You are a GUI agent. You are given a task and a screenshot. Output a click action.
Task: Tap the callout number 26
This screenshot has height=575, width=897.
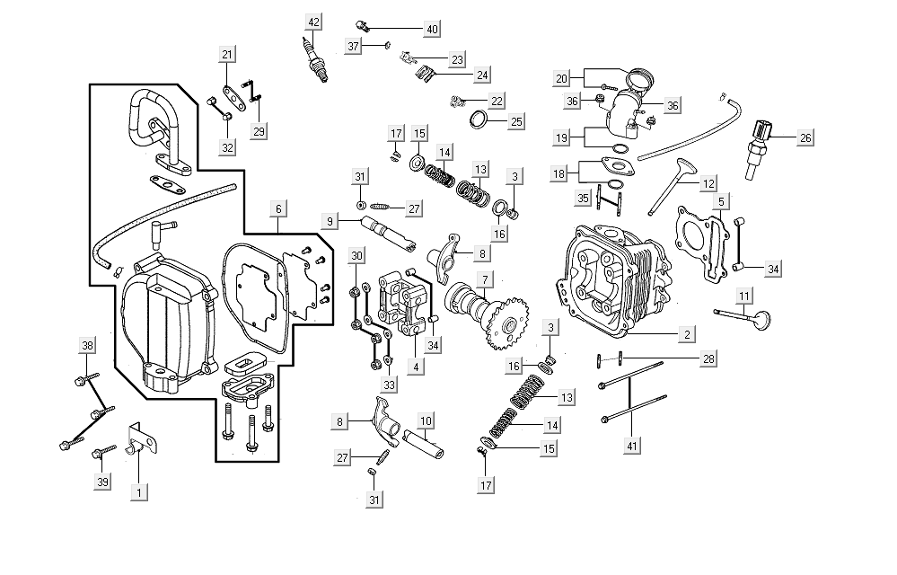[805, 138]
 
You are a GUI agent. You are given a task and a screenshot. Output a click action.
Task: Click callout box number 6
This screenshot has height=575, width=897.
[279, 208]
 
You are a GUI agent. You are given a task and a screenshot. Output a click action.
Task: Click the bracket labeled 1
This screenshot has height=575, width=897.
[141, 447]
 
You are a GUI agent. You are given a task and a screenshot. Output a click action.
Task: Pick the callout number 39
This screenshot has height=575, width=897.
[104, 482]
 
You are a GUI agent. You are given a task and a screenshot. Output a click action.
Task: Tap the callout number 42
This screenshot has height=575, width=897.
[312, 22]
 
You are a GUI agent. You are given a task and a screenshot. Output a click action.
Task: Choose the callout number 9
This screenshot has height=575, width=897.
[331, 221]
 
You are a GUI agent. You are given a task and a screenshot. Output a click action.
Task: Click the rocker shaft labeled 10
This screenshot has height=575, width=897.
[425, 443]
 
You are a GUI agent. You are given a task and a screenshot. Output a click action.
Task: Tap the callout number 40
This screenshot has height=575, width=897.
[432, 30]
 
